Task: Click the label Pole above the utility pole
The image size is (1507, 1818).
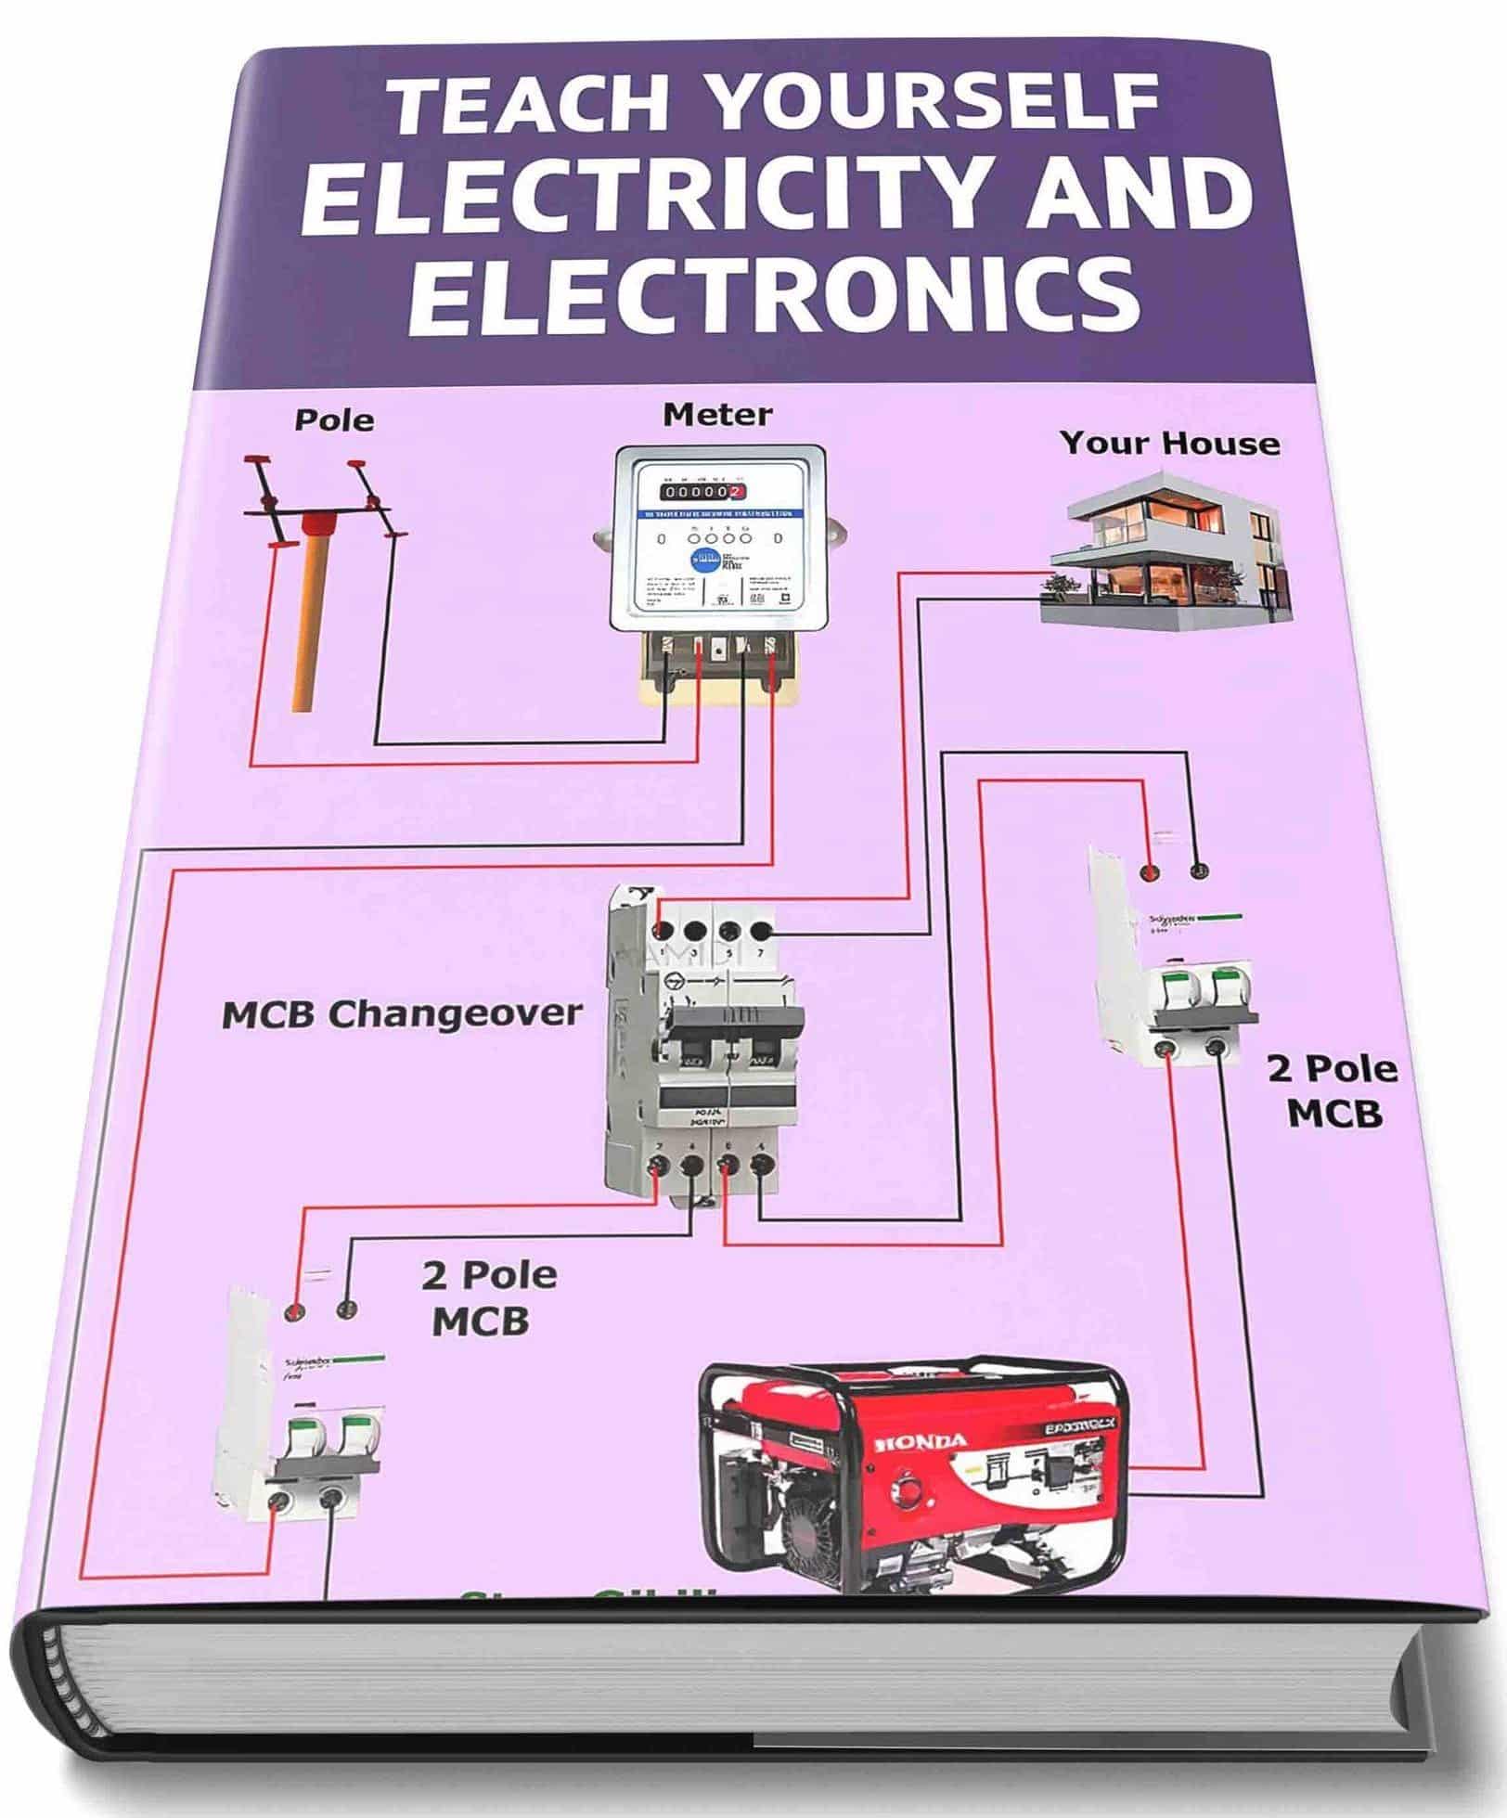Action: [335, 420]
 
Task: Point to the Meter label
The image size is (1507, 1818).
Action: [717, 414]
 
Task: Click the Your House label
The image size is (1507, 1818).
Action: [1169, 443]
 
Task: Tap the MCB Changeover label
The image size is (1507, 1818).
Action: [402, 1013]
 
